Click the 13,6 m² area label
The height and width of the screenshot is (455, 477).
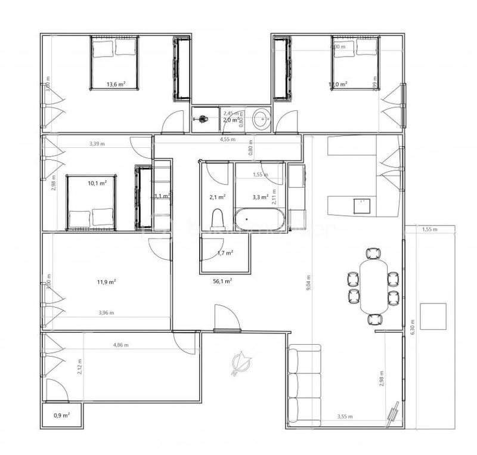[x=116, y=85]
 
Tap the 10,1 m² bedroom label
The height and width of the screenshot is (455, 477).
[x=97, y=183]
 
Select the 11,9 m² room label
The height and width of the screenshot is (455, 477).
[x=106, y=282]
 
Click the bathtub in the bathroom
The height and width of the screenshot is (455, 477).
[x=259, y=219]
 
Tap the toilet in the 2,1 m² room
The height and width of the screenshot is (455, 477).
[x=218, y=218]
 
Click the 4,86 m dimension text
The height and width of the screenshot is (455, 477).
[x=122, y=345]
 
